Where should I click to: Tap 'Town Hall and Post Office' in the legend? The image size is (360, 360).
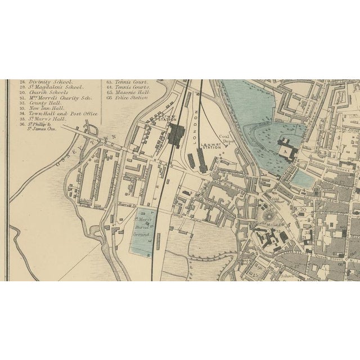[x=62, y=113]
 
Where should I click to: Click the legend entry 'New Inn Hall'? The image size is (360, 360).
[x=47, y=107]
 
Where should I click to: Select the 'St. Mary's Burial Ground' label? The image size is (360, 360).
[x=145, y=231]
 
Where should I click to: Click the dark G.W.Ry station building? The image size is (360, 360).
[x=178, y=134]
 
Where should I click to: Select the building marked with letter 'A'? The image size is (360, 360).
[x=286, y=151]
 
